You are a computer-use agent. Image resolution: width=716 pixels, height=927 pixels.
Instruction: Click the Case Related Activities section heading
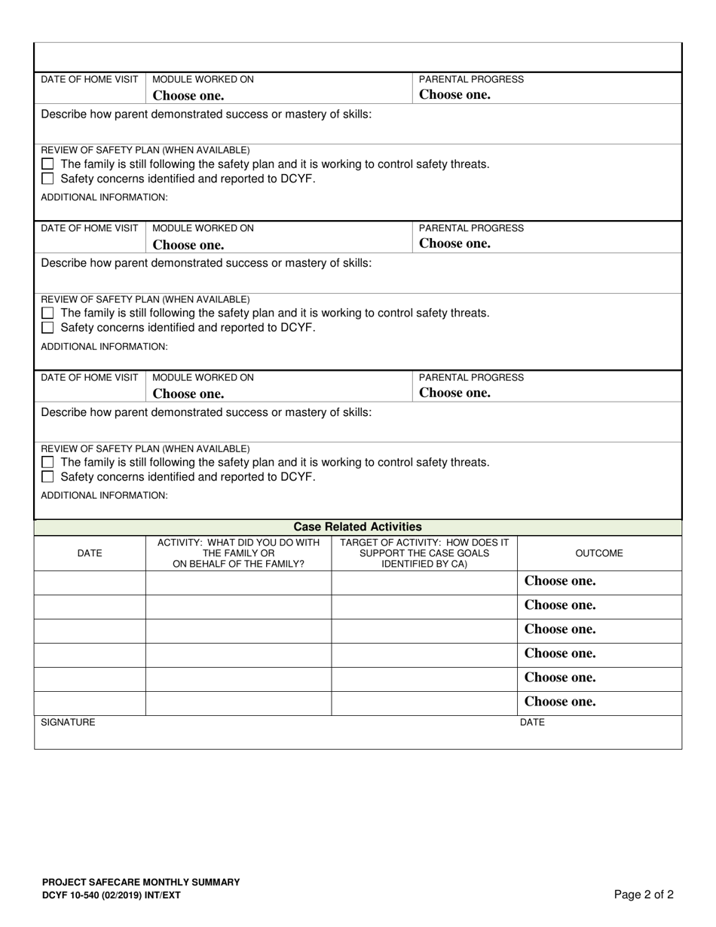[x=357, y=527]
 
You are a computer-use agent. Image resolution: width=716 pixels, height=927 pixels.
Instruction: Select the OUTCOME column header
[x=599, y=553]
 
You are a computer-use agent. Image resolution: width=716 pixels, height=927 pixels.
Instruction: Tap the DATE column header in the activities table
[x=90, y=553]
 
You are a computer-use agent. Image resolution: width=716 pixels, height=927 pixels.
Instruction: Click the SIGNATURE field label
[x=68, y=723]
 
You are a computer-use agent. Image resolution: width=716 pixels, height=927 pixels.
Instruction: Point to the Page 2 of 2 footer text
[x=644, y=895]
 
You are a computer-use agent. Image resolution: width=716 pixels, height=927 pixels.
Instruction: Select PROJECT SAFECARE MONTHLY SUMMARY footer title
[x=141, y=882]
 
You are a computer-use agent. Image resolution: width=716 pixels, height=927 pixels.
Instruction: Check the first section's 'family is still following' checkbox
[x=48, y=164]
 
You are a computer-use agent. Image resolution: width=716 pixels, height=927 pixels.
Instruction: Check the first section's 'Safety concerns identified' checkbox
[x=48, y=179]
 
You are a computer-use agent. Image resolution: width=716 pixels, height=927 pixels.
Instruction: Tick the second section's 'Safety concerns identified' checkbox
[x=48, y=328]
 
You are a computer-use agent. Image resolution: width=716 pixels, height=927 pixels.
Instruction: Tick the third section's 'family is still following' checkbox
[x=48, y=462]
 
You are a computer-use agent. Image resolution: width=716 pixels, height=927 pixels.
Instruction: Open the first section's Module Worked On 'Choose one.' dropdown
[x=188, y=96]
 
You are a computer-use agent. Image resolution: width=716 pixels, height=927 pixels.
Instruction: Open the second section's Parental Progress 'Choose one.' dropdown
[x=454, y=243]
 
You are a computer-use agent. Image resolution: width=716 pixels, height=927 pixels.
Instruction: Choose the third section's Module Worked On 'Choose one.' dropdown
[x=188, y=393]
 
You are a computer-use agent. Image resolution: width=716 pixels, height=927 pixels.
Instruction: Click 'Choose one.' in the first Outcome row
[x=560, y=581]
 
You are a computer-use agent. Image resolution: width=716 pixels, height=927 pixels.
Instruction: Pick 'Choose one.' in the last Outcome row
[x=560, y=702]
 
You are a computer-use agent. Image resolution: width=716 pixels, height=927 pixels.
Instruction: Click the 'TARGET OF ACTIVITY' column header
[x=424, y=553]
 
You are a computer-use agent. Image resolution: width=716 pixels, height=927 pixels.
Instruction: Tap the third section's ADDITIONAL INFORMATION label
[x=104, y=496]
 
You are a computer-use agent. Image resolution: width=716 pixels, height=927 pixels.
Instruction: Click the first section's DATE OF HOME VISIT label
[x=90, y=80]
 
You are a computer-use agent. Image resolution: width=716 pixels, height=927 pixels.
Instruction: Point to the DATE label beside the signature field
[x=532, y=723]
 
